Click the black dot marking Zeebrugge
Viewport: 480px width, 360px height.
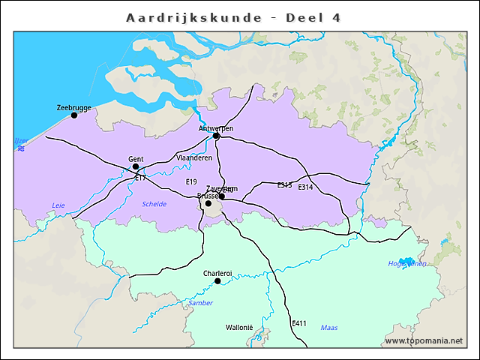pyautogui.click(x=73, y=115)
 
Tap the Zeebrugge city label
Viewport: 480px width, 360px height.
pyautogui.click(x=73, y=108)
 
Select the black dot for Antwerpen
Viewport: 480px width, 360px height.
pyautogui.click(x=216, y=136)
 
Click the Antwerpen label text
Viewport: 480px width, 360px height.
pyautogui.click(x=216, y=128)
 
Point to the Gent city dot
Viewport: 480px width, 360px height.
pyautogui.click(x=136, y=166)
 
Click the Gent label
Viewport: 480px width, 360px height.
pyautogui.click(x=136, y=159)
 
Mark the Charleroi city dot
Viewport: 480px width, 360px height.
pyautogui.click(x=217, y=281)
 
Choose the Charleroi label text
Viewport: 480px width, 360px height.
pyautogui.click(x=217, y=274)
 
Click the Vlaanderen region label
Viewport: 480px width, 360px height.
pyautogui.click(x=194, y=158)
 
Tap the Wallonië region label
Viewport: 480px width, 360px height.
pyautogui.click(x=239, y=328)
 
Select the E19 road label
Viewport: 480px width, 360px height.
pyautogui.click(x=191, y=182)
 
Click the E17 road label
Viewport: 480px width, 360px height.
pyautogui.click(x=140, y=178)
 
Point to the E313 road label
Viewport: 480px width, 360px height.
pyautogui.click(x=284, y=184)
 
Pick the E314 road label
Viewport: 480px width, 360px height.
pyautogui.click(x=305, y=187)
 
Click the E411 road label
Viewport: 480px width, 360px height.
pyautogui.click(x=299, y=323)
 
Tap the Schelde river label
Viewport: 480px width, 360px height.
pyautogui.click(x=154, y=204)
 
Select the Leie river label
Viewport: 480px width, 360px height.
pyautogui.click(x=58, y=205)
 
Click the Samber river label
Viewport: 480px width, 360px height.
pyautogui.click(x=200, y=303)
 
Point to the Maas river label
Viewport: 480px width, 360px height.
pyautogui.click(x=328, y=328)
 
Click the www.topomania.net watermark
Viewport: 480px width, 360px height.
pyautogui.click(x=424, y=341)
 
